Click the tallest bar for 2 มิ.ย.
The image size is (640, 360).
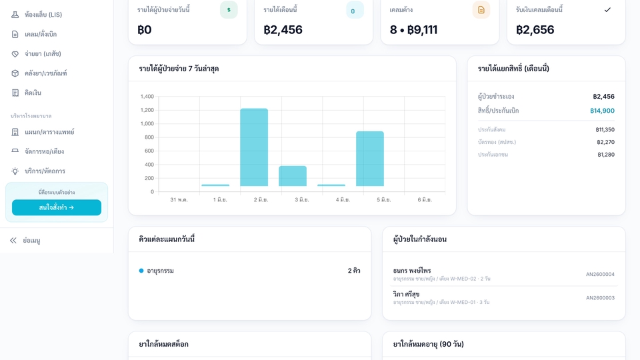pos(254,147)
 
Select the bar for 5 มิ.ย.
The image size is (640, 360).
pos(370,159)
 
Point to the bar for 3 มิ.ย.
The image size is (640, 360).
pos(293,176)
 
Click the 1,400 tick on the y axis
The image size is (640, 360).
pos(147,96)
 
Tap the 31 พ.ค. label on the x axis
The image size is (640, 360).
pos(179,199)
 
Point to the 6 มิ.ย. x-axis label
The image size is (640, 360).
pos(425,199)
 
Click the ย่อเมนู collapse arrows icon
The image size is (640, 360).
pos(13,241)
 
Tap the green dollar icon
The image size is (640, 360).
pos(229,10)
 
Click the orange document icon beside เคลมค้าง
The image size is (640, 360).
pos(481,10)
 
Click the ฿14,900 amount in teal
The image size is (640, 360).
pos(602,111)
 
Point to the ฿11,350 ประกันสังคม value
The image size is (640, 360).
pos(605,130)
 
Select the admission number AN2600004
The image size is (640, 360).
pos(600,274)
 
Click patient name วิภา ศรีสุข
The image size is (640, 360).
pos(406,294)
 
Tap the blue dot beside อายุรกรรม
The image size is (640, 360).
pos(141,271)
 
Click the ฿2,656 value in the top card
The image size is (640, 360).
pos(535,30)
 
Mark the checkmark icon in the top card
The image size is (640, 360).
pos(607,10)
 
